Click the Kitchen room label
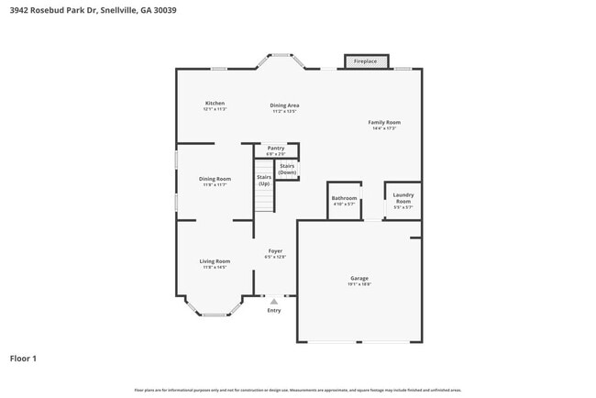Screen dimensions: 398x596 215,104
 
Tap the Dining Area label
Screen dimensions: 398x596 284,105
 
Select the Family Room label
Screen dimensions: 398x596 384,122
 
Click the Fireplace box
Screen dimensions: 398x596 365,61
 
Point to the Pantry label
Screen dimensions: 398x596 275,148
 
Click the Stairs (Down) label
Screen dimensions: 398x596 287,170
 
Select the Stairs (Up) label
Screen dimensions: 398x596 263,180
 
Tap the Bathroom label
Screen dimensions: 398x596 344,198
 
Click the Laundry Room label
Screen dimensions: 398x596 403,197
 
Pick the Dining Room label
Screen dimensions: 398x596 215,179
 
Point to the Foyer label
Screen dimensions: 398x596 275,250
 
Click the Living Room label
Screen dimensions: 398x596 215,261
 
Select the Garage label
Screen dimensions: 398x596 359,278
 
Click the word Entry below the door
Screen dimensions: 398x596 273,311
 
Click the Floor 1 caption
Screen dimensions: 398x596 23,359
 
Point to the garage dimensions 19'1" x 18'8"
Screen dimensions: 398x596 359,284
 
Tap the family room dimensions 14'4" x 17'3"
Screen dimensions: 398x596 384,128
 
